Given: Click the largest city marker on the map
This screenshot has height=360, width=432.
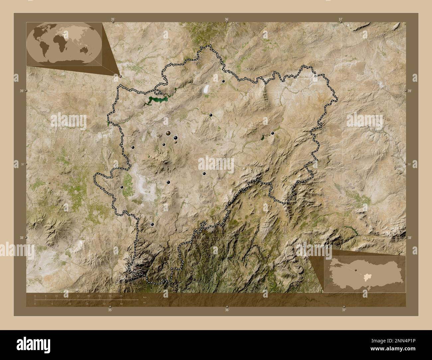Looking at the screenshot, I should (168, 134).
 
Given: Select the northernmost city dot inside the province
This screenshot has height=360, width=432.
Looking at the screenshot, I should (223, 81).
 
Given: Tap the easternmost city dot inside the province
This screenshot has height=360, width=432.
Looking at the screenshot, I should (272, 133).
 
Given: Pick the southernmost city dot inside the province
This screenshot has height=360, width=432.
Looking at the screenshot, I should (152, 225).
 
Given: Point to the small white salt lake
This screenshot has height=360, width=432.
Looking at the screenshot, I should (206, 89).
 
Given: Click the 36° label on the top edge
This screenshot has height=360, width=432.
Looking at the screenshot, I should (227, 19).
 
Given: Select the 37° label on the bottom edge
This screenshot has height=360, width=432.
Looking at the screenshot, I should (344, 310).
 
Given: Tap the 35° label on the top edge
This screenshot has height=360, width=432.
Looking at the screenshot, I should (113, 19).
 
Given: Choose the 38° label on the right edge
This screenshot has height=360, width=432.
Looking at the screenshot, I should (409, 238).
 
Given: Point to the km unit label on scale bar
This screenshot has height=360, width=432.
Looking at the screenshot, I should (144, 297).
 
